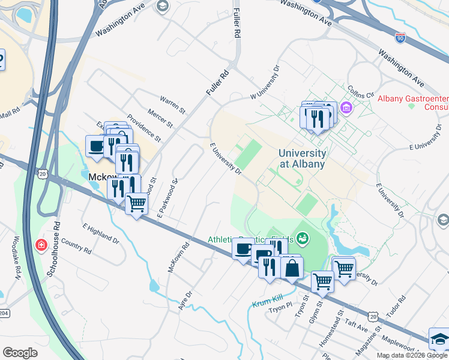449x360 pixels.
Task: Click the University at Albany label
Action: click(301, 158)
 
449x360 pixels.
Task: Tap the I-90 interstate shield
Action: click(400, 37)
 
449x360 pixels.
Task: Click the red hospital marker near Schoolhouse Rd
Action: click(41, 245)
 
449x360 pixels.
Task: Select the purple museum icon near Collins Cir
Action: click(346, 109)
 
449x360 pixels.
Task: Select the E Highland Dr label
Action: click(101, 233)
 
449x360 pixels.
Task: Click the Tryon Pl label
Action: click(280, 308)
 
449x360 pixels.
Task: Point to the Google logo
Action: click(20, 353)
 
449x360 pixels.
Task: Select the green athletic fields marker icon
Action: click(303, 239)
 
